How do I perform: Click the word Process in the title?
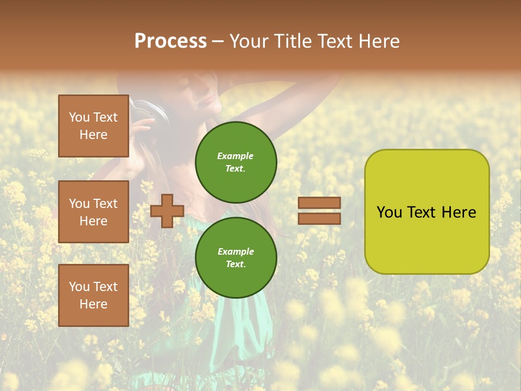pyautogui.click(x=170, y=41)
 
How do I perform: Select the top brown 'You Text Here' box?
pyautogui.click(x=93, y=126)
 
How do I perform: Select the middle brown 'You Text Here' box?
pyautogui.click(x=93, y=212)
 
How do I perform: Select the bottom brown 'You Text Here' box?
pyautogui.click(x=93, y=295)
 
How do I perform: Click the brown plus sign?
pyautogui.click(x=167, y=211)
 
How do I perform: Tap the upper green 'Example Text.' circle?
pyautogui.click(x=236, y=162)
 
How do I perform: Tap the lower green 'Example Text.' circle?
pyautogui.click(x=236, y=258)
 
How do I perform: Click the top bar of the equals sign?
pyautogui.click(x=319, y=203)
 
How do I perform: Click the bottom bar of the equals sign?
pyautogui.click(x=319, y=218)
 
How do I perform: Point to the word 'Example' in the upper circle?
pyautogui.click(x=235, y=156)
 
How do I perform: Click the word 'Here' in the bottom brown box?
pyautogui.click(x=93, y=304)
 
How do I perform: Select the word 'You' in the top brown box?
pyautogui.click(x=79, y=117)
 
